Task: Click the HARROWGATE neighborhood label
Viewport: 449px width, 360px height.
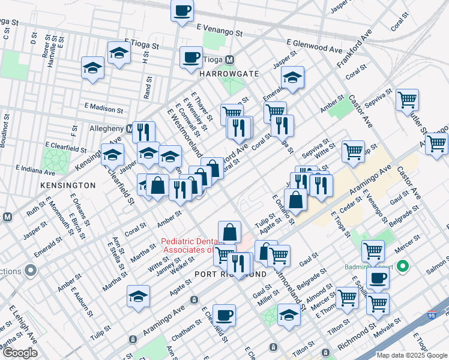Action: coord(229,74)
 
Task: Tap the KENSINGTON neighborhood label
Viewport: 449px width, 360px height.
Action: coord(68,185)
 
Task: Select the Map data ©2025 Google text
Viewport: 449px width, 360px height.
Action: coord(411,355)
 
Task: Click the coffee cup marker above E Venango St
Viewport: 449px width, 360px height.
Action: coord(182,10)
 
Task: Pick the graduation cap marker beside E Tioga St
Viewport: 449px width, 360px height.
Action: coord(119,53)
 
